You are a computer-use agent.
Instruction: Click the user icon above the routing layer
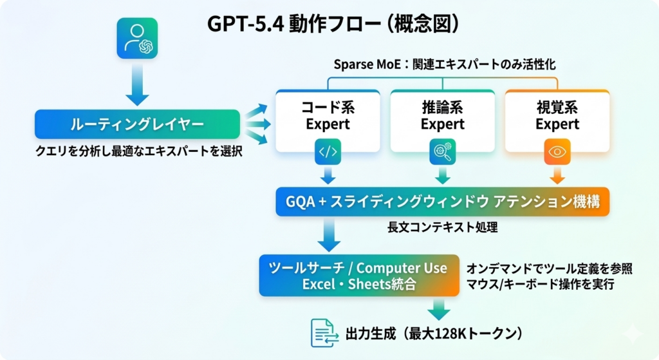click(x=137, y=39)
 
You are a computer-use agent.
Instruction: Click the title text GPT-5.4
click(x=242, y=24)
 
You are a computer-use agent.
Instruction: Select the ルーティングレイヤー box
click(x=137, y=124)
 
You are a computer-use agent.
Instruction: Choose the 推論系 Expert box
click(x=443, y=116)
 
